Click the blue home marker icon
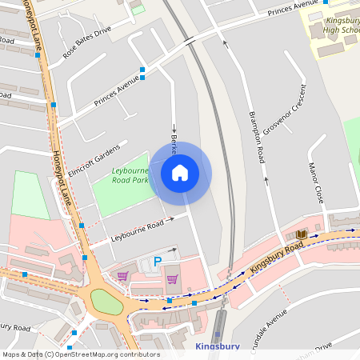(180, 173)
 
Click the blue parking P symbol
(157, 261)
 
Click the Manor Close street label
(318, 183)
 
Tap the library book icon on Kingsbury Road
(301, 234)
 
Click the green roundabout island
(106, 302)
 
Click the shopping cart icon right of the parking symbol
(172, 279)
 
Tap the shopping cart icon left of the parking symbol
(122, 275)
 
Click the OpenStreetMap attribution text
(81, 354)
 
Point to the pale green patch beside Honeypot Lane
(30, 194)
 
